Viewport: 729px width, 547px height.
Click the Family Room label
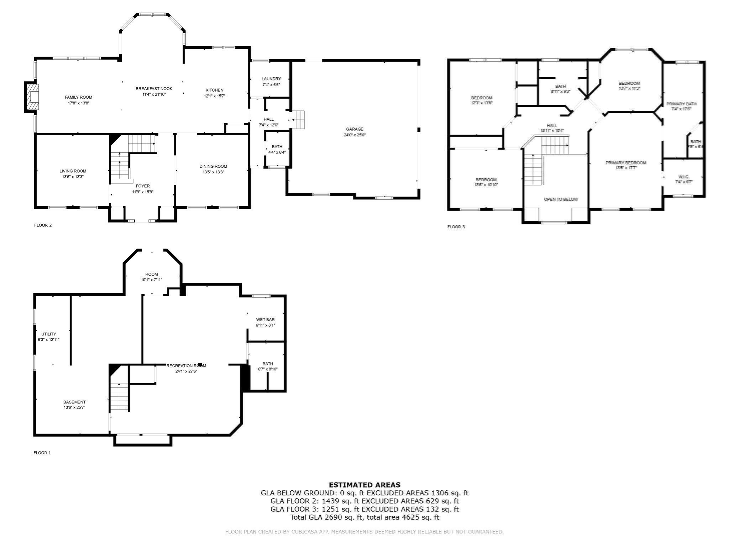(78, 97)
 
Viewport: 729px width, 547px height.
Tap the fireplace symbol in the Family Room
(32, 97)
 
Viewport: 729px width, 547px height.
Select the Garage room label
(355, 129)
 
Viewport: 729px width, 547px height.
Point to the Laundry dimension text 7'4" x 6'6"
(271, 85)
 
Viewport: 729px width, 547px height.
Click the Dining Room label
(213, 166)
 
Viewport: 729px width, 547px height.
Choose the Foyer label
(143, 186)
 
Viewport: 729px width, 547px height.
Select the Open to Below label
(561, 199)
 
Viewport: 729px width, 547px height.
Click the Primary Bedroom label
(626, 163)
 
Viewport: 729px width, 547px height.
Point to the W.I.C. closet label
(684, 177)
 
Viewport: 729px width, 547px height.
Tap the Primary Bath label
(682, 104)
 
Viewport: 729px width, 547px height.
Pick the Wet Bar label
(265, 320)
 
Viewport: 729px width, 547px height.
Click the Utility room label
(49, 334)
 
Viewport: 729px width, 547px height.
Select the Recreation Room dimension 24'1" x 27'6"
(186, 371)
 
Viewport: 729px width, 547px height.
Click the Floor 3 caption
(456, 227)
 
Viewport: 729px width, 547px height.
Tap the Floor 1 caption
(42, 453)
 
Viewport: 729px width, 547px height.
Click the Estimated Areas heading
(364, 485)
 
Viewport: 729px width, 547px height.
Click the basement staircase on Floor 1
(119, 397)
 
